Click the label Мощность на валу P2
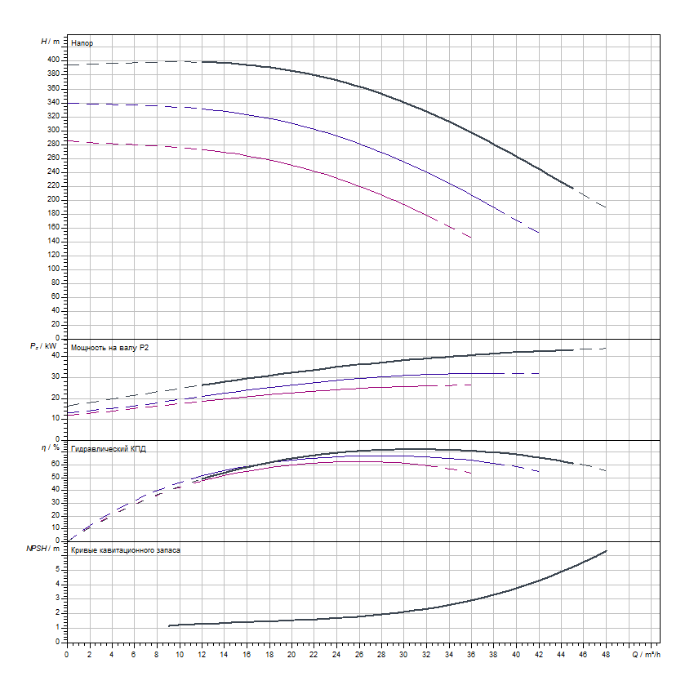coord(110,348)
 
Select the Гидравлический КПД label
coord(109,449)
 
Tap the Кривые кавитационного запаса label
coord(126,550)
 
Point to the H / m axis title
coord(50,41)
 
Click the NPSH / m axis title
coord(45,549)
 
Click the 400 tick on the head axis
coord(53,60)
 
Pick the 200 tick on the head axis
coord(53,199)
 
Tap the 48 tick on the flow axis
coord(605,654)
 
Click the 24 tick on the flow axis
coord(336,654)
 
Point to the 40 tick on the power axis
coord(56,355)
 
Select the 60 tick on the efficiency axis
coord(56,463)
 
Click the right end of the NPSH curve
coord(606,550)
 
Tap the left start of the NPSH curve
coord(168,625)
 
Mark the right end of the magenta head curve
coord(471,238)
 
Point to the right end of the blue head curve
coord(539,233)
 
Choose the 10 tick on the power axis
coord(56,417)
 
